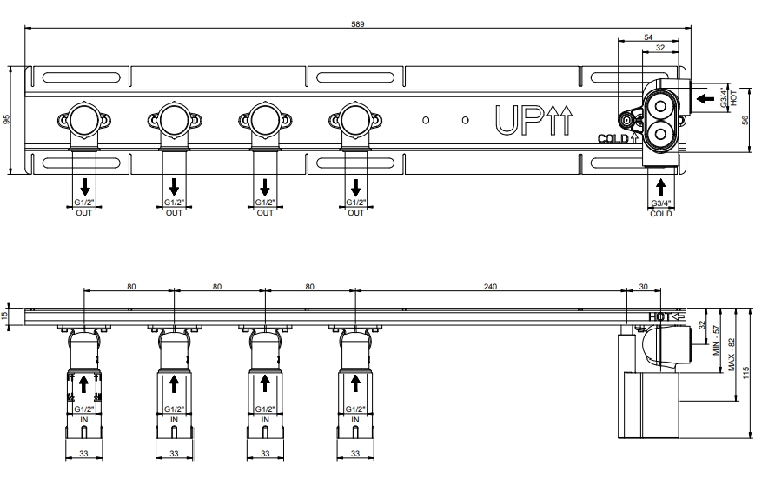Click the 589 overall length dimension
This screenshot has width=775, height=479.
[357, 23]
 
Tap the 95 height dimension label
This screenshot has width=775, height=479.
[6, 120]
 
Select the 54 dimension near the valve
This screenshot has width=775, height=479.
[648, 37]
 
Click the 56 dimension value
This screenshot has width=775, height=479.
[745, 120]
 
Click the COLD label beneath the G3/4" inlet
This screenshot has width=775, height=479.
[661, 214]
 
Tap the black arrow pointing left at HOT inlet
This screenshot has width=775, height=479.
[705, 99]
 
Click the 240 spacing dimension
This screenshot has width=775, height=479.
[490, 287]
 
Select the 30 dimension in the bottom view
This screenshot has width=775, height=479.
[643, 287]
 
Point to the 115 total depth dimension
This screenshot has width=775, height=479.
[745, 373]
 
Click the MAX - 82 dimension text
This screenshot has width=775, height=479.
[732, 355]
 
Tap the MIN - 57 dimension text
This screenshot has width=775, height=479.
[716, 340]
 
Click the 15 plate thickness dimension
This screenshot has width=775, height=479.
[5, 316]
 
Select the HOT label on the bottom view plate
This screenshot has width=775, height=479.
[659, 316]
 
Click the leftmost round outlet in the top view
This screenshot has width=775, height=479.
[84, 120]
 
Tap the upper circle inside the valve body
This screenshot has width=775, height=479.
[661, 106]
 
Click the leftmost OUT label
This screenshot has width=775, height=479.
[84, 213]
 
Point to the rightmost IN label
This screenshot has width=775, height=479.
[354, 420]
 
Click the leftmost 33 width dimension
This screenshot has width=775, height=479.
[83, 453]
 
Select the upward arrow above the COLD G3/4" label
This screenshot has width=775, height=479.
[660, 188]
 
